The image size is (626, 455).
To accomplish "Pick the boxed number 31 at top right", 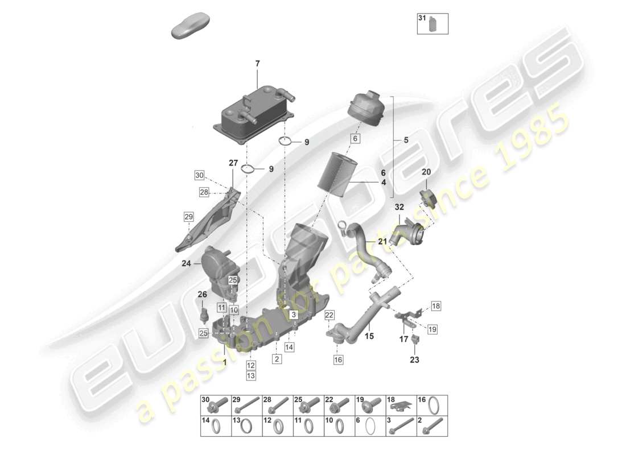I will [422, 19].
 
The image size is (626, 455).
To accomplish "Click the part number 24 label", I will [186, 263].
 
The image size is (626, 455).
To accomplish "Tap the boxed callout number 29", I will [189, 216].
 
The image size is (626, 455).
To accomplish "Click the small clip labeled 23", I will [415, 341].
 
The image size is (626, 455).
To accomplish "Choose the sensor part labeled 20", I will [427, 197].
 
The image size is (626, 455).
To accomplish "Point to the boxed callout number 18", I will [435, 307].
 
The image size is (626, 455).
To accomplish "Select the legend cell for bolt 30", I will [216, 405].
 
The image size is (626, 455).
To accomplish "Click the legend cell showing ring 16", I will [433, 405].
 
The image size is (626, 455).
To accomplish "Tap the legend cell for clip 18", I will [402, 405].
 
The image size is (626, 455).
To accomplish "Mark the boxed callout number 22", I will [330, 315].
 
